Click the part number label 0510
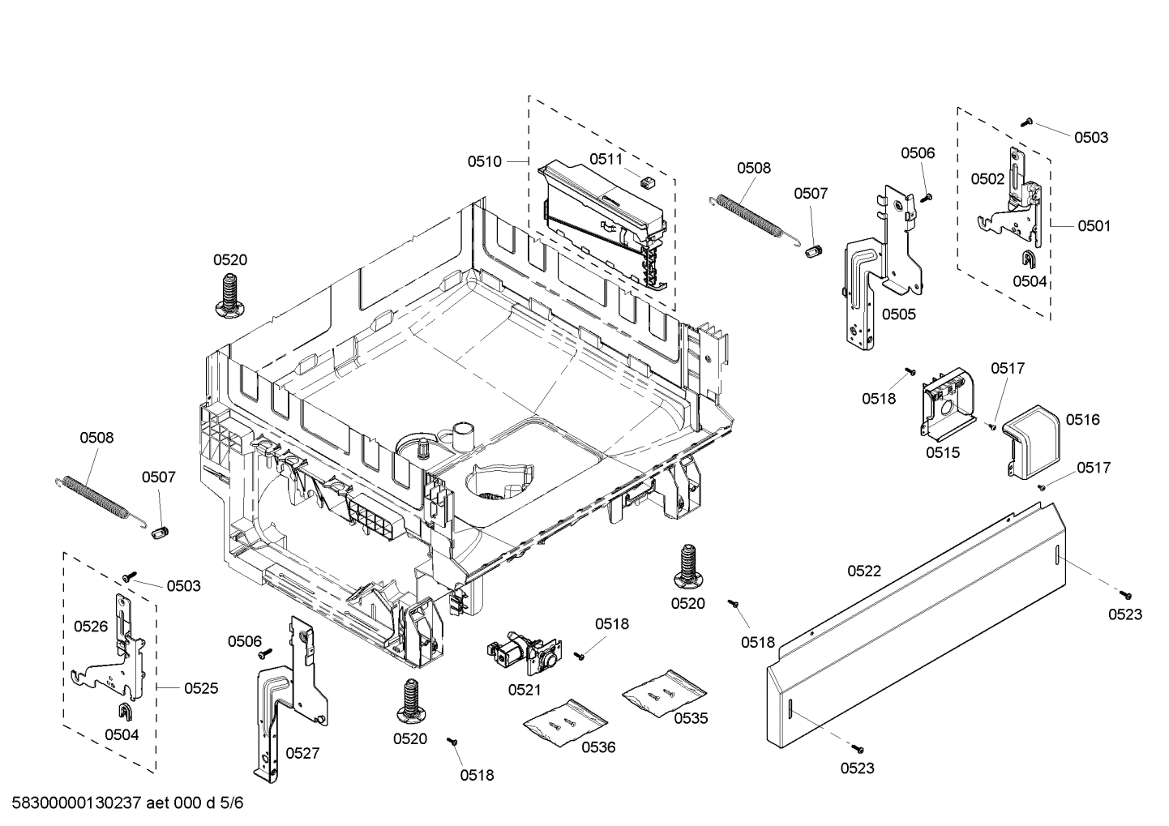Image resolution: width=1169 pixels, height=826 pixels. (x=484, y=161)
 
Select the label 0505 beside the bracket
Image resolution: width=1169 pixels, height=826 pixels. (x=898, y=315)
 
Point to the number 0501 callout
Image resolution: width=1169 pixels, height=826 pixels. (x=1094, y=226)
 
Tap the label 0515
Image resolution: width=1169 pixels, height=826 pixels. (x=943, y=452)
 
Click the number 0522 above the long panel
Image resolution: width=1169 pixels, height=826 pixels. (x=864, y=571)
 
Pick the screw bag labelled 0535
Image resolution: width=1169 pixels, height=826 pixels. (x=663, y=693)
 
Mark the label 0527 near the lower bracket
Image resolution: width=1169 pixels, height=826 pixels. (x=302, y=753)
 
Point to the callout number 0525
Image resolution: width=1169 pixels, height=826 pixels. (x=201, y=688)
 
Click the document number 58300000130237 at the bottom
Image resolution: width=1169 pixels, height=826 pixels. (x=78, y=803)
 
